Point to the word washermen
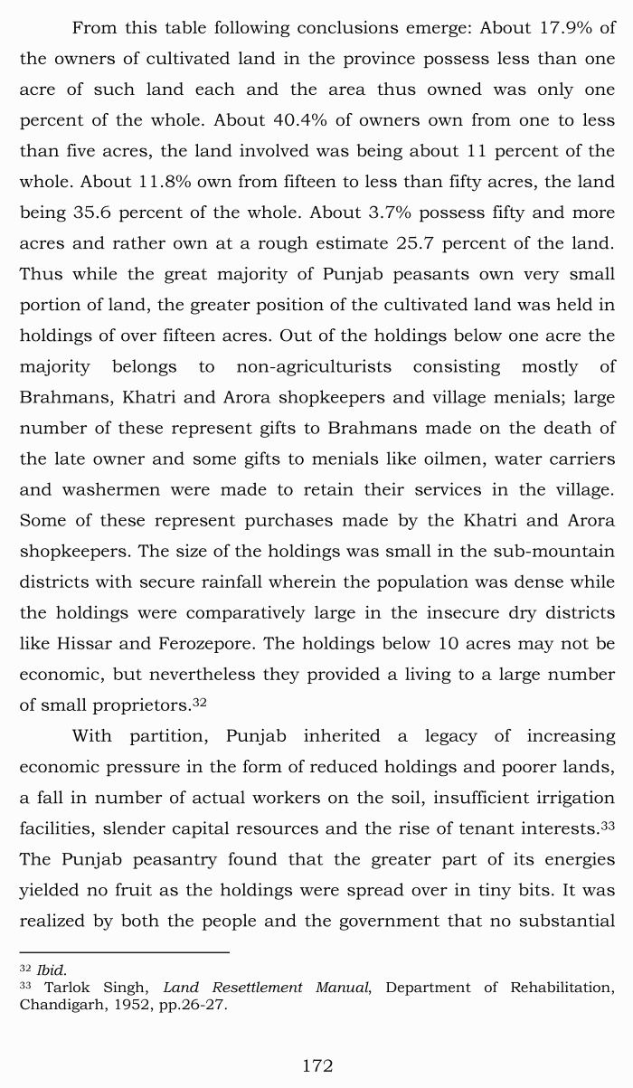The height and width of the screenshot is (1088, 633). point(108,489)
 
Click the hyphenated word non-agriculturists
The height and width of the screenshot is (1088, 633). point(314,366)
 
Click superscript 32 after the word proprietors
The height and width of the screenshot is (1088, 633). point(200,701)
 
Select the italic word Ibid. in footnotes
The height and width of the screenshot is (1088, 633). point(52,970)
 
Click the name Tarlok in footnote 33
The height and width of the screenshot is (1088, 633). point(69,987)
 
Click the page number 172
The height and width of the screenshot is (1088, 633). point(316,1065)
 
